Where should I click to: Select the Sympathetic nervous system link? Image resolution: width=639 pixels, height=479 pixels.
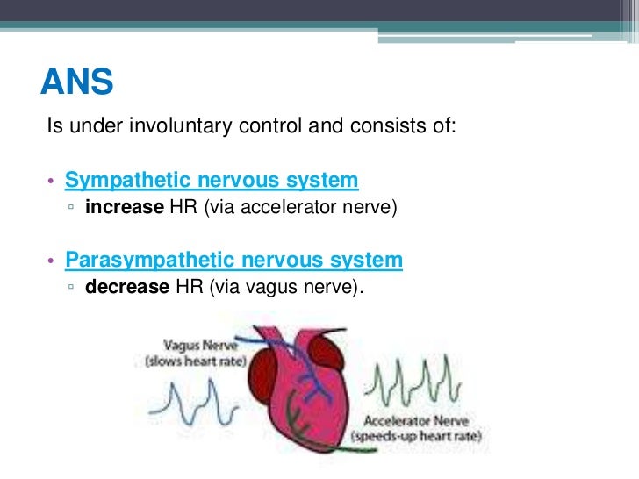tap(212, 181)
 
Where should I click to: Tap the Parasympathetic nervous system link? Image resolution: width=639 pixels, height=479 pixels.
tap(233, 261)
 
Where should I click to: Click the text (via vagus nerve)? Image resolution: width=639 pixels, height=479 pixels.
tap(286, 288)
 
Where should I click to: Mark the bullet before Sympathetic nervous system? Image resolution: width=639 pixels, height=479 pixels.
tap(52, 182)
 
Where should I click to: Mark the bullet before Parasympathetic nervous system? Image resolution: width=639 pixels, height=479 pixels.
tap(52, 262)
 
